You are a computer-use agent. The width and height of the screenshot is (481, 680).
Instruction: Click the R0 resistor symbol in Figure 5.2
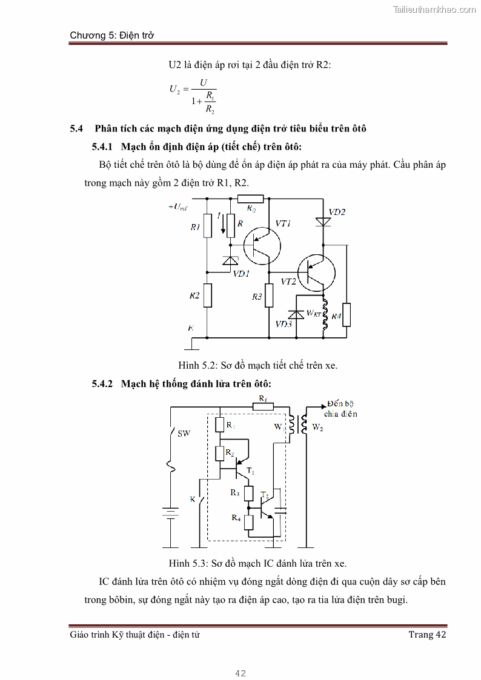tap(250, 198)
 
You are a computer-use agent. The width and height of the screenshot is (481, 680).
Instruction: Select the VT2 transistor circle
tap(316, 273)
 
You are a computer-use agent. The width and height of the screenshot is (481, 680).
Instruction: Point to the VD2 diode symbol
tap(323, 222)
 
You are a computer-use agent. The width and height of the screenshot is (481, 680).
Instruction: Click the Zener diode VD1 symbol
tap(230, 260)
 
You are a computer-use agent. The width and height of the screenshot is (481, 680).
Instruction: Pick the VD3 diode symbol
tap(296, 315)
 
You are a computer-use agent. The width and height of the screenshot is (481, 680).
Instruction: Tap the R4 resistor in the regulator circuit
tap(347, 315)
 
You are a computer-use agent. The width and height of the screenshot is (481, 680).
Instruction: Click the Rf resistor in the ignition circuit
tap(262, 407)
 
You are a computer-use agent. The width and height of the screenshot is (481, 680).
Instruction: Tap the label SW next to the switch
tap(183, 434)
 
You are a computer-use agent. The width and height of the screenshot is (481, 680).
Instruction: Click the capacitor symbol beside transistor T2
tap(280, 508)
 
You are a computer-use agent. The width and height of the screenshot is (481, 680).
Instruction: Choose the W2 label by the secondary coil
tap(317, 427)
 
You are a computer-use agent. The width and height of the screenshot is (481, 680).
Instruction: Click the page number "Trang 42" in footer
tap(427, 635)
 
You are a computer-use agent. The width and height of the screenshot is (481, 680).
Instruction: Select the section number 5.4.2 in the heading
tap(102, 384)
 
